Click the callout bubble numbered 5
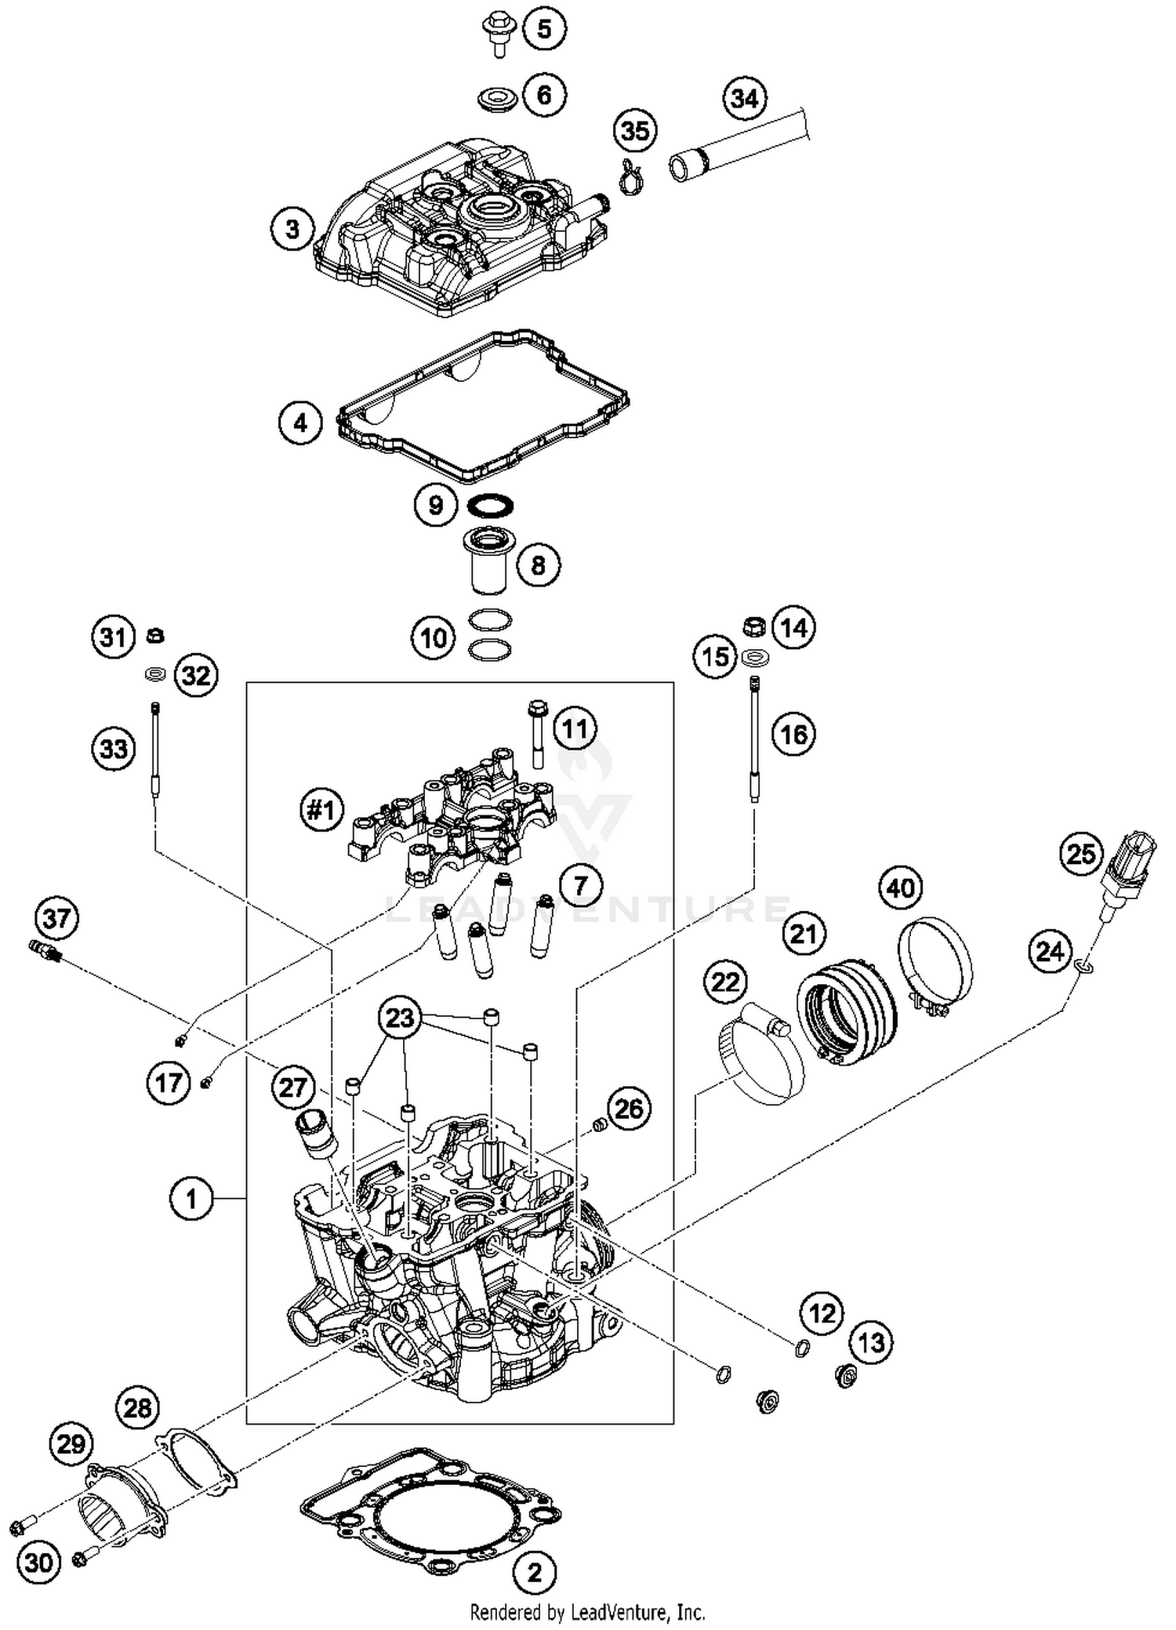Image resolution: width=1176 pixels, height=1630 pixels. click(x=544, y=29)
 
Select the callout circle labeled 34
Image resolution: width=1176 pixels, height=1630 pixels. click(x=744, y=99)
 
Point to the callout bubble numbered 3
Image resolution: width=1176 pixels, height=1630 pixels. click(x=292, y=230)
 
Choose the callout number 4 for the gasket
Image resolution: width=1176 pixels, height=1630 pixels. click(x=300, y=423)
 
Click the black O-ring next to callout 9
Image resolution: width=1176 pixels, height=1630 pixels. click(x=490, y=506)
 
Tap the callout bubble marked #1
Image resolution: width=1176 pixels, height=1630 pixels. click(x=321, y=810)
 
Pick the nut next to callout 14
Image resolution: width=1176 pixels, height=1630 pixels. click(x=754, y=627)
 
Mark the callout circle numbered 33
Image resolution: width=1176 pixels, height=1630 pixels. click(x=113, y=748)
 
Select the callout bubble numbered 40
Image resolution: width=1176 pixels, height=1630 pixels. click(x=900, y=888)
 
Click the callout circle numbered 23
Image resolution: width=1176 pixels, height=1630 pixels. click(x=400, y=1018)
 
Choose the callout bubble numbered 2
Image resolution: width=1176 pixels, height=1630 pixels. click(x=535, y=1572)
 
